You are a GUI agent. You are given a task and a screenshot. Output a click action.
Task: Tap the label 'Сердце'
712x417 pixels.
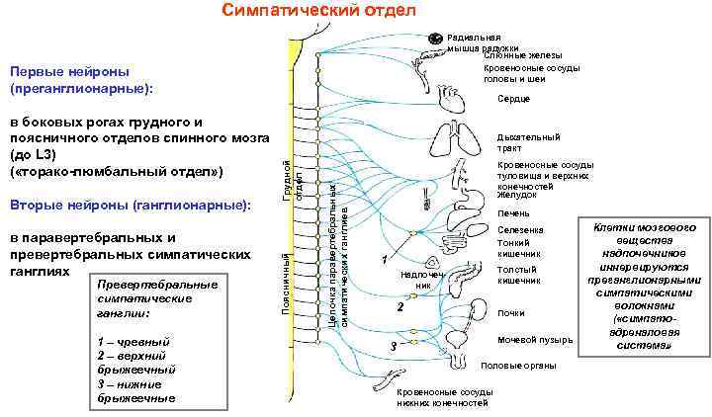pyautogui.click(x=514, y=99)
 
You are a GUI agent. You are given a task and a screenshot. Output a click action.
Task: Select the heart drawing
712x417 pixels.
pyautogui.click(x=454, y=100)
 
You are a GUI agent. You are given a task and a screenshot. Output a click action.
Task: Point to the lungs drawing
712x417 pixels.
pyautogui.click(x=454, y=143)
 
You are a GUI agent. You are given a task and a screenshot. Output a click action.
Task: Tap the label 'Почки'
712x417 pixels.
pyautogui.click(x=511, y=313)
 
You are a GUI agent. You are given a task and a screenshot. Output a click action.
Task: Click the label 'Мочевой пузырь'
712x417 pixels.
pyautogui.click(x=534, y=341)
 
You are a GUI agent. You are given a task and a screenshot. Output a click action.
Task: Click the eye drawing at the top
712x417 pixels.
pyautogui.click(x=436, y=39)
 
